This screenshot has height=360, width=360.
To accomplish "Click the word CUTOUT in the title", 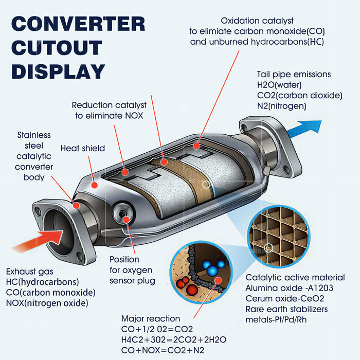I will tap(57, 47).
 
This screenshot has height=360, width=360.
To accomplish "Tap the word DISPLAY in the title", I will tap(58, 71).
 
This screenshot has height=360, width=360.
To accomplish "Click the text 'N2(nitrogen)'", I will tap(282, 106).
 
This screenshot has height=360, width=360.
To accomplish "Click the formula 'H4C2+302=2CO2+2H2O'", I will tap(174, 339).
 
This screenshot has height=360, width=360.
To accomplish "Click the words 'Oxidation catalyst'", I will tap(257, 21).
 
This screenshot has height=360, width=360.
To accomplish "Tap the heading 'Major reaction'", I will tap(150, 319).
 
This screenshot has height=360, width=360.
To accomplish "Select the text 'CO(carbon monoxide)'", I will tap(50, 292).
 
